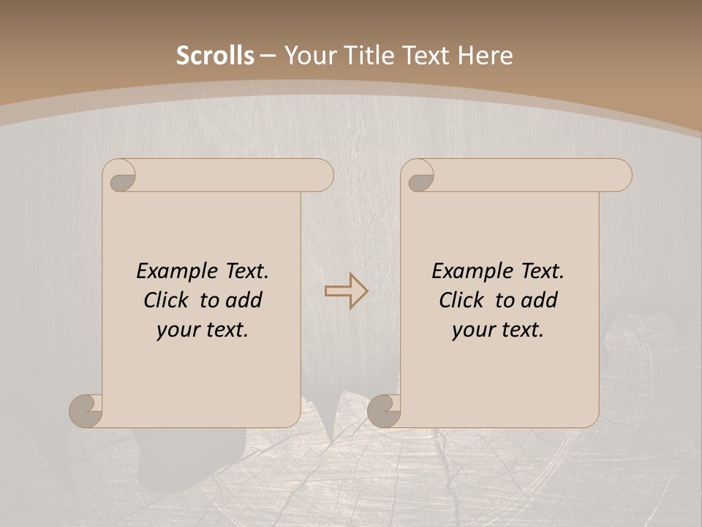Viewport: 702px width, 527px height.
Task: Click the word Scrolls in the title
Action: click(215, 56)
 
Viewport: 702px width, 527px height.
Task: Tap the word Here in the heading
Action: click(485, 56)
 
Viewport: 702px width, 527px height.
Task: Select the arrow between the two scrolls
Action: click(346, 291)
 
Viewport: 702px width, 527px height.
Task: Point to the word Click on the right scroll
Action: click(461, 300)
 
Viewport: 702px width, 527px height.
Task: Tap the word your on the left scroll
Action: click(177, 330)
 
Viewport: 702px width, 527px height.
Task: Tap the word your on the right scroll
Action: click(472, 330)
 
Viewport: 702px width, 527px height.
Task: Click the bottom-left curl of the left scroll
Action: click(86, 411)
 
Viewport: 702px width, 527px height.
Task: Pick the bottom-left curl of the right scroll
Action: click(385, 411)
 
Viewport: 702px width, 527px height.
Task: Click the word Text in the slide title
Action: click(424, 56)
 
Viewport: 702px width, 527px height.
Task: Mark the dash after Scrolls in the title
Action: click(268, 56)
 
